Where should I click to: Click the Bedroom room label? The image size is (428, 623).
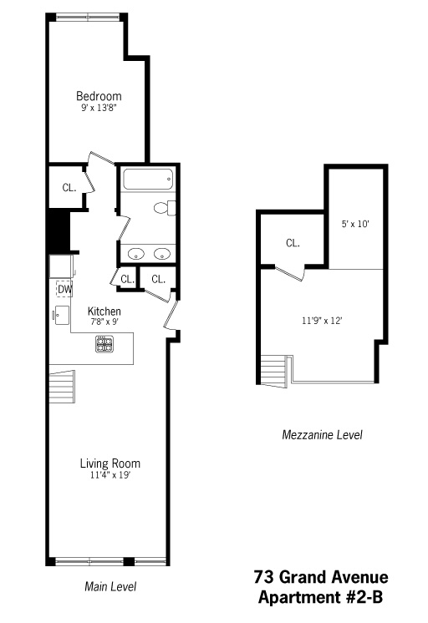click(x=99, y=95)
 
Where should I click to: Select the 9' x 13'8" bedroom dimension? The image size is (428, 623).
click(x=99, y=107)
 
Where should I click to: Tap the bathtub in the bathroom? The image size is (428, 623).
click(x=147, y=178)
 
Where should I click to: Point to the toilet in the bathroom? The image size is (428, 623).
click(x=165, y=207)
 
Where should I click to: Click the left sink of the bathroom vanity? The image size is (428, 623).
click(x=136, y=253)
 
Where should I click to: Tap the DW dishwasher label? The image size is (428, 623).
click(x=64, y=289)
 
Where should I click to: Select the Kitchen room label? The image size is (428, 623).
click(x=104, y=311)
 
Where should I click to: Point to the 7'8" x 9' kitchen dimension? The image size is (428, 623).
click(x=104, y=322)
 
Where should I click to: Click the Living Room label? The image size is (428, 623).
click(x=110, y=463)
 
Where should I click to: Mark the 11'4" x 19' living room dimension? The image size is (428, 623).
click(x=110, y=475)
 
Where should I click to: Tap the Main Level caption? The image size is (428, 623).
click(x=110, y=586)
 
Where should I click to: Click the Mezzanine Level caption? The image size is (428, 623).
click(x=321, y=435)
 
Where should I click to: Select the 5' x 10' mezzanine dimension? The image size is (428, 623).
click(x=355, y=224)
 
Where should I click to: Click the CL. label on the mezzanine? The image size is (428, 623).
click(x=293, y=243)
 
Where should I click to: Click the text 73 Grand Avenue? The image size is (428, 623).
click(x=320, y=578)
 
